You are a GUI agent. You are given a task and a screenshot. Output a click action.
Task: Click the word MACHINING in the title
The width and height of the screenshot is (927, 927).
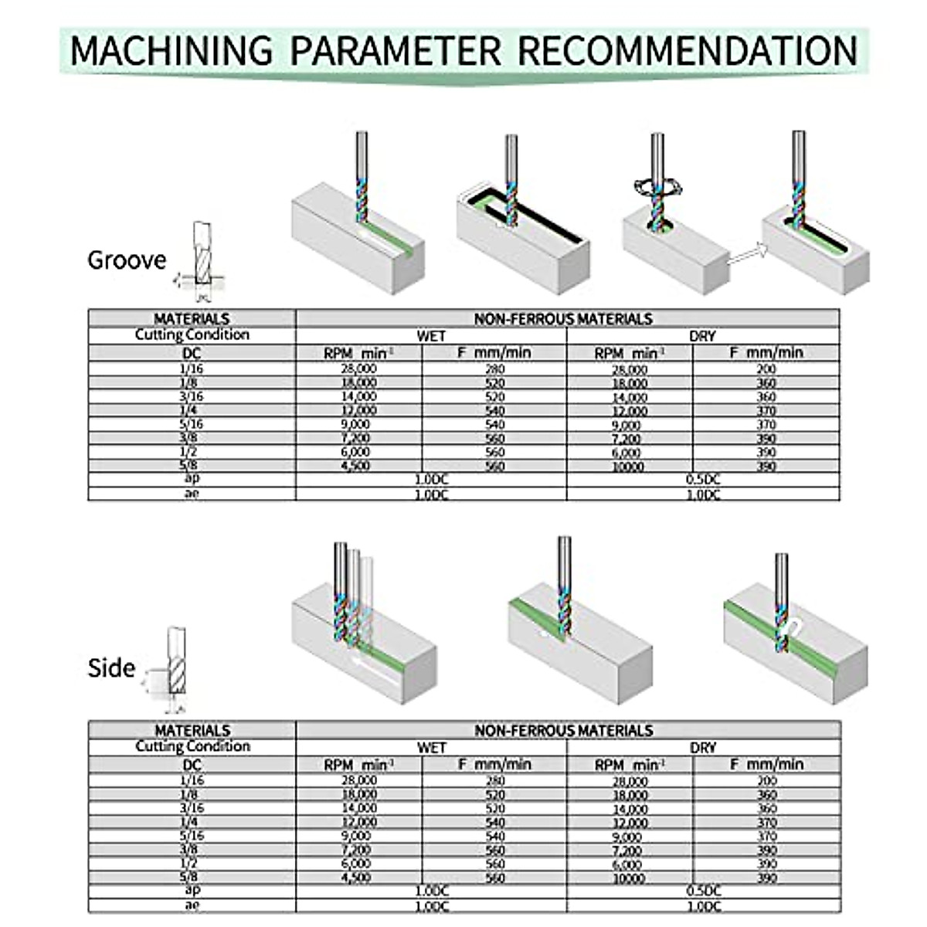[x=171, y=51]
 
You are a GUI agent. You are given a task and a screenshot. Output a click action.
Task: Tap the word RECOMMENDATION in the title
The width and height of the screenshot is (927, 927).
[x=688, y=51]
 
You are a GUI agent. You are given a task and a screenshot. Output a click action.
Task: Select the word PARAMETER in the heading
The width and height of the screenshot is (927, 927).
[x=396, y=51]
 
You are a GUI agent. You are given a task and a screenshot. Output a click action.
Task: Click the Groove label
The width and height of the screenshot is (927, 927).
[x=127, y=260]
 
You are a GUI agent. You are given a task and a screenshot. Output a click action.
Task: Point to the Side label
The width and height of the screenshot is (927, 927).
[x=111, y=668]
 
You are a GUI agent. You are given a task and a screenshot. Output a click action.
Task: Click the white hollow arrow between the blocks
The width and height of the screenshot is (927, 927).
[x=746, y=255]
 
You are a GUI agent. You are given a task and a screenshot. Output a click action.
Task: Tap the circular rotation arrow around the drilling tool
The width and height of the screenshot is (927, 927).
[x=654, y=187]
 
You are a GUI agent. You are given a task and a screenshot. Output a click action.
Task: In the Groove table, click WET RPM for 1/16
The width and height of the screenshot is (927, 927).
[x=358, y=369]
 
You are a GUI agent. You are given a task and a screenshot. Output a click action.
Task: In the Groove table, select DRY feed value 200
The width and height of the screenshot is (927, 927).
[x=766, y=369]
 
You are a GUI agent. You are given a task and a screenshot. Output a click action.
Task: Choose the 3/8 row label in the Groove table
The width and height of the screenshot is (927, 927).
[x=192, y=438]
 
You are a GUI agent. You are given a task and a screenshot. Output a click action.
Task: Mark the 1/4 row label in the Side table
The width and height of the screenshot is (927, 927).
[x=192, y=822]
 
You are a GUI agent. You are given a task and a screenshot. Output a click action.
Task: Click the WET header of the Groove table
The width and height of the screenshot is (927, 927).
[x=431, y=336]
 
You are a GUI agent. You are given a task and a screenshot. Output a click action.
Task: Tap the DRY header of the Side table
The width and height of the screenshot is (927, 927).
[x=702, y=748]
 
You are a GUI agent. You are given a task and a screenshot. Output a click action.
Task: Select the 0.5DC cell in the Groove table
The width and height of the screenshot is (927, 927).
[x=702, y=480]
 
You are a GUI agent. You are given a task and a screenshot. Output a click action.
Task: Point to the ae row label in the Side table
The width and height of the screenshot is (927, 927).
[x=192, y=905]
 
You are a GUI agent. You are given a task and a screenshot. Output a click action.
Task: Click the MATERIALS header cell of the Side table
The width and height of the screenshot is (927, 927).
[x=192, y=730]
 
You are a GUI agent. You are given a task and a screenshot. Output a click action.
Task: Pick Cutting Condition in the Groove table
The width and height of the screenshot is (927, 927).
[x=192, y=335]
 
